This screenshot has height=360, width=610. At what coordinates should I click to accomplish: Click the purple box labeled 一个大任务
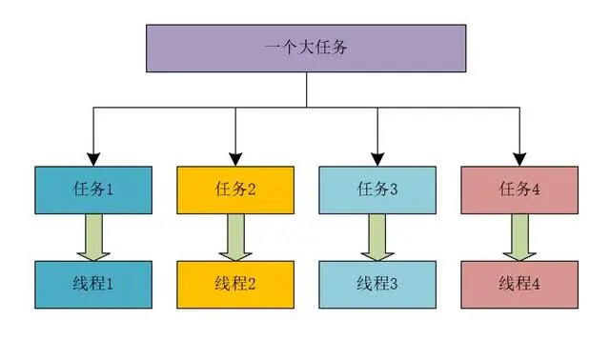(x=306, y=48)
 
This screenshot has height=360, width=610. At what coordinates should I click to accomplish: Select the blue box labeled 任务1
(x=92, y=189)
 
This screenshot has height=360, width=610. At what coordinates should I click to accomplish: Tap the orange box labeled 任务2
(x=234, y=189)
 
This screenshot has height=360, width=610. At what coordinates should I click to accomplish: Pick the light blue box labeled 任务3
(x=376, y=189)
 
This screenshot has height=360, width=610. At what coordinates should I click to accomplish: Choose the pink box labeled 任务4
(x=518, y=189)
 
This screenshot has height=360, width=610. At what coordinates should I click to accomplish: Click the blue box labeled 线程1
(x=92, y=283)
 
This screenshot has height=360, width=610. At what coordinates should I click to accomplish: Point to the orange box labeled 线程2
(x=234, y=283)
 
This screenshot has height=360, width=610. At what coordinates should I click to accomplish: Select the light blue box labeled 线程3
(x=376, y=283)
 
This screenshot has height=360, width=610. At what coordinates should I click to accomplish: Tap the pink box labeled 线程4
(x=518, y=283)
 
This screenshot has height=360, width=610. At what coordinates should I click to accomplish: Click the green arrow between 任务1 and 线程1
(x=93, y=236)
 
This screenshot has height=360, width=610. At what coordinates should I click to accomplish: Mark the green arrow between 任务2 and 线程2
(x=235, y=236)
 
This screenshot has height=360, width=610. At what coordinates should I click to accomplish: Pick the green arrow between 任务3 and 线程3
(x=377, y=236)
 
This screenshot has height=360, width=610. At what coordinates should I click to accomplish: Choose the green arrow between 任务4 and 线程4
(x=519, y=236)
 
